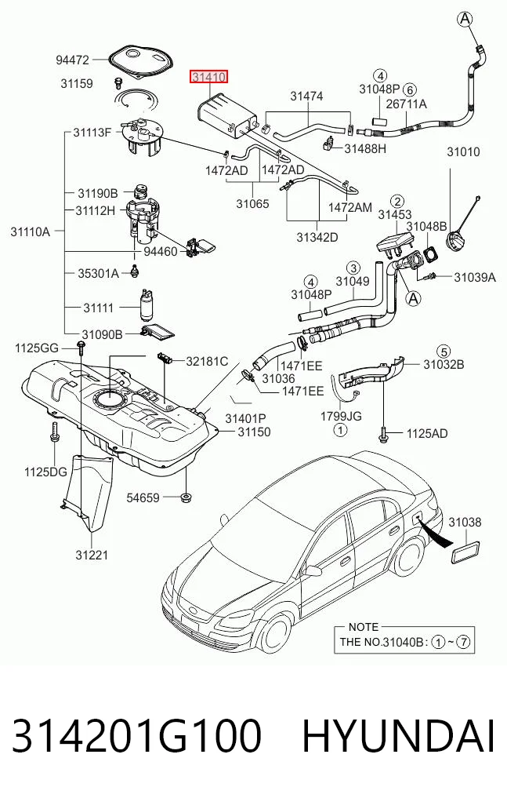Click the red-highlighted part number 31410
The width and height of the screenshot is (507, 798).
point(208,77)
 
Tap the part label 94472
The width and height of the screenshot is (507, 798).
point(72,60)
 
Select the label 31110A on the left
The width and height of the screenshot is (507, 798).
point(30,232)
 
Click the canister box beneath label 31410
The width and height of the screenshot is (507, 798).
point(226,116)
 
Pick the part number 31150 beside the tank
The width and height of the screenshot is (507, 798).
point(254,432)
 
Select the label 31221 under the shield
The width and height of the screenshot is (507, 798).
point(92,555)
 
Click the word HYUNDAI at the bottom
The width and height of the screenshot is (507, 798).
point(399,736)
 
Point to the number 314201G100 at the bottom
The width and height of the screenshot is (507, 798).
point(136,736)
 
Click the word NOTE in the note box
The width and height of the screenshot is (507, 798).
point(364,627)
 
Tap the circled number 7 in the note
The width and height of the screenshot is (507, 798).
point(463,642)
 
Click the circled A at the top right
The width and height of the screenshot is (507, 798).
point(465,19)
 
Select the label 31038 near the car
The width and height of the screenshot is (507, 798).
point(465,522)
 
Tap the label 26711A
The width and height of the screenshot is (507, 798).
point(407,104)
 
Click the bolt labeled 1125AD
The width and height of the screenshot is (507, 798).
point(383,433)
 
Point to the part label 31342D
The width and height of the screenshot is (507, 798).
point(317,237)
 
